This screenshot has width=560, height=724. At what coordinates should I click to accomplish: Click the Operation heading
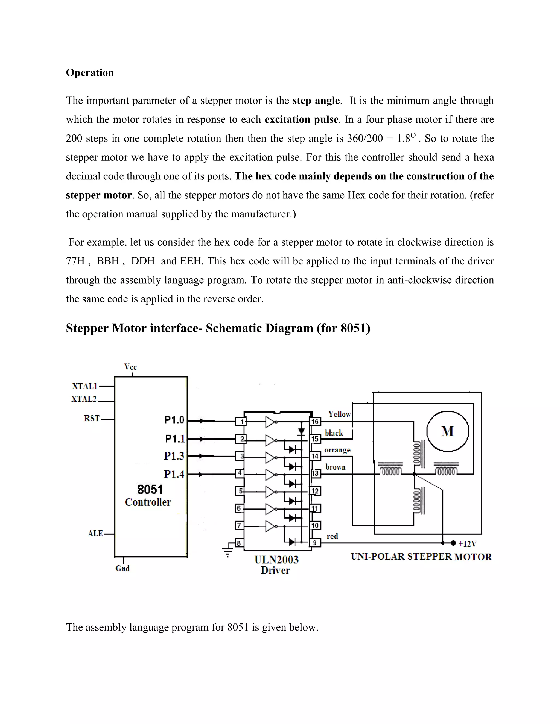[x=90, y=73]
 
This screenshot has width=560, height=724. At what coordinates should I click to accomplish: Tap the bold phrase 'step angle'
[x=316, y=101]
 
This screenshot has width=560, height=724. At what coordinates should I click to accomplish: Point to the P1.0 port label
[x=174, y=420]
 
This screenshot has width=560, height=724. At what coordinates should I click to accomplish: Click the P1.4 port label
[x=174, y=474]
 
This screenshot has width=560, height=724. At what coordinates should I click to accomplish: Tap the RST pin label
[x=92, y=419]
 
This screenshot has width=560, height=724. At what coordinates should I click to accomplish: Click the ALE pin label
[x=95, y=533]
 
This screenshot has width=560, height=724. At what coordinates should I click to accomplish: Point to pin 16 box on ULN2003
[x=315, y=422]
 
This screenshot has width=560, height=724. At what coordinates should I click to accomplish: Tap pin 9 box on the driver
[x=315, y=543]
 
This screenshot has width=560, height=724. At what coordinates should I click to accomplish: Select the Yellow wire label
[x=339, y=414]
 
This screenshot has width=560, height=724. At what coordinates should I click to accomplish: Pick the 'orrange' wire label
[x=337, y=450]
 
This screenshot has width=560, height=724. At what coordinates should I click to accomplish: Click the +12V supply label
[x=467, y=544]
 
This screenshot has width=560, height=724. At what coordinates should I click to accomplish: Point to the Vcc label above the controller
[x=130, y=367]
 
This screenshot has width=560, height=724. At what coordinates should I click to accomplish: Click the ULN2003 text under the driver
[x=276, y=560]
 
